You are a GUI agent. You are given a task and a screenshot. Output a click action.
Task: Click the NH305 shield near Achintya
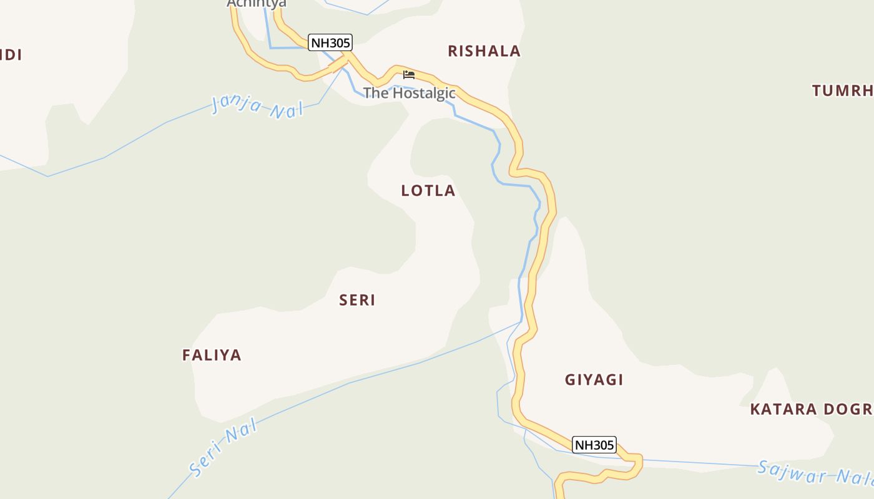pyautogui.click(x=330, y=43)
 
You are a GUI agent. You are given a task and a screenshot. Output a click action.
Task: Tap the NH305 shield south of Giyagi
pyautogui.click(x=594, y=445)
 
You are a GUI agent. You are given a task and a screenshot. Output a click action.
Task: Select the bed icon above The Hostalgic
pyautogui.click(x=409, y=75)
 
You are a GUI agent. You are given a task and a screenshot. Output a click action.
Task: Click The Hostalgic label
pyautogui.click(x=409, y=94)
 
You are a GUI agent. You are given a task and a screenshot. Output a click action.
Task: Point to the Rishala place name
pyautogui.click(x=484, y=51)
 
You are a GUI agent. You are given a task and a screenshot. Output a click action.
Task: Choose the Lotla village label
pyautogui.click(x=428, y=191)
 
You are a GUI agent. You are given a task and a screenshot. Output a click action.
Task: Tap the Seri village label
pyautogui.click(x=357, y=300)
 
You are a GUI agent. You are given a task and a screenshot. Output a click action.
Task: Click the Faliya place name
pyautogui.click(x=212, y=355)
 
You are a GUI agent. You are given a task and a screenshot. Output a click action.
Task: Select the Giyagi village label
pyautogui.click(x=594, y=380)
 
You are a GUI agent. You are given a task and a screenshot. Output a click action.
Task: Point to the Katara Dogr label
pyautogui.click(x=811, y=409)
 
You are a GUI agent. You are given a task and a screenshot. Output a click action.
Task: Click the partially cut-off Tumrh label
pyautogui.click(x=842, y=90)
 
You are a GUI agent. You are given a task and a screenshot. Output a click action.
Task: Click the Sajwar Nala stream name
pyautogui.click(x=814, y=473)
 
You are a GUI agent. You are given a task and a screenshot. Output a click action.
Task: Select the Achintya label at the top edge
pyautogui.click(x=257, y=4)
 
